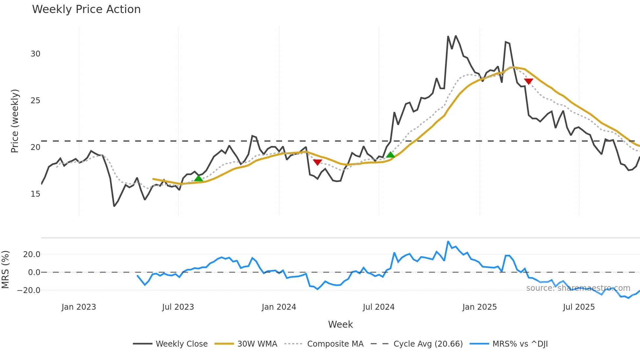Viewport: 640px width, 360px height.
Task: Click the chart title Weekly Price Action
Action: tap(86, 9)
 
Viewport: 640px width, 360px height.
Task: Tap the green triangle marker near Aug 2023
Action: tap(199, 178)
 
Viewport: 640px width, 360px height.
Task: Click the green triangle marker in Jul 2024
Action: tap(390, 155)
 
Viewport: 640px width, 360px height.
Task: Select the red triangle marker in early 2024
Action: tap(317, 162)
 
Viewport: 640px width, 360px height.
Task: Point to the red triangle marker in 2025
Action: tap(528, 81)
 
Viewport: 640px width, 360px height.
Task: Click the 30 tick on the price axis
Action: tap(36, 54)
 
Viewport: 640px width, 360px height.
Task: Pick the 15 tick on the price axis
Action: tap(36, 194)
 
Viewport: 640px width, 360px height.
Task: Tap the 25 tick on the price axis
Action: tap(36, 101)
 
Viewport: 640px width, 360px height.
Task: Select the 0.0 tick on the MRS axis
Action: tap(34, 272)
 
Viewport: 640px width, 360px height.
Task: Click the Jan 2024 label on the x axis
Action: tap(279, 307)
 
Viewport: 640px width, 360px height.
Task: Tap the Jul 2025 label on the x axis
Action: tap(579, 307)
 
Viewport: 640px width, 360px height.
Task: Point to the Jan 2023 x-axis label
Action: tap(79, 307)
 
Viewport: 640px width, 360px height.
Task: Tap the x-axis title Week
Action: tap(340, 324)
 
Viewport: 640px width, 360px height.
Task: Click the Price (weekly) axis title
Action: tap(15, 121)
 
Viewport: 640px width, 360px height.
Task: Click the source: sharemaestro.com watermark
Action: tap(578, 288)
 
